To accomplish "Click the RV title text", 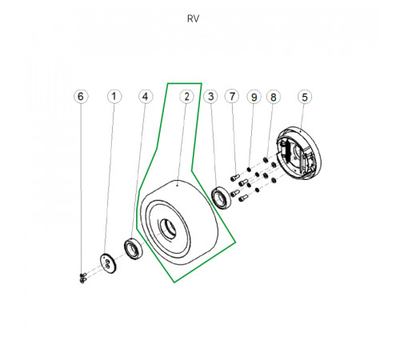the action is pos(193,18).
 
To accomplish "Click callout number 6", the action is pos(81,96).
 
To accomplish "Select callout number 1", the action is pos(114,96).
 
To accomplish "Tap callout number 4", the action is pos(146,96).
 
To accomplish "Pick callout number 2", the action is pos(186,97).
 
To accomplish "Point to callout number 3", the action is pos(210,97).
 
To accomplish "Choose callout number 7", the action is pos(232,97).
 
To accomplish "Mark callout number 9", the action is pos(254,97).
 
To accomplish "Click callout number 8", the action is pos(274,97).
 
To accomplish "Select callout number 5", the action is pos(305,97).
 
